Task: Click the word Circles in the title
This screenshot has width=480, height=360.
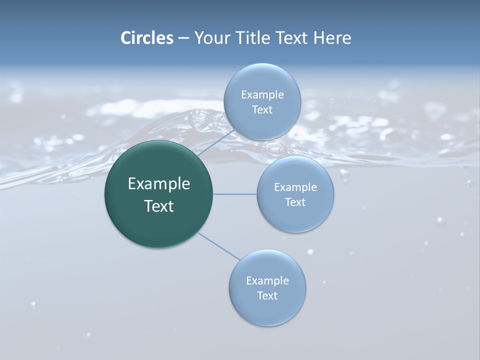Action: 146,38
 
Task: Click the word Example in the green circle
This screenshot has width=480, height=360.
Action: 159,184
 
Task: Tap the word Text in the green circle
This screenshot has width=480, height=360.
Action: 159,206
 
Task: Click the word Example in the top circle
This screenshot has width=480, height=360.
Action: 262,95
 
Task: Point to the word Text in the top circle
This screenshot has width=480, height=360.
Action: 262,110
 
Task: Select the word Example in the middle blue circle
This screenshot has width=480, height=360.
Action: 295,187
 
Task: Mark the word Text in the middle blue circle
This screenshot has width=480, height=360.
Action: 295,202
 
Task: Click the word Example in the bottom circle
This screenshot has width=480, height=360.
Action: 267,281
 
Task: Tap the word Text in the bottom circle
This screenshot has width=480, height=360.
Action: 267,296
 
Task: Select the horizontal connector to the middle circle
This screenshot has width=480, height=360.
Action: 235,194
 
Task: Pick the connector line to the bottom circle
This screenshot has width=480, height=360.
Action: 218,246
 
